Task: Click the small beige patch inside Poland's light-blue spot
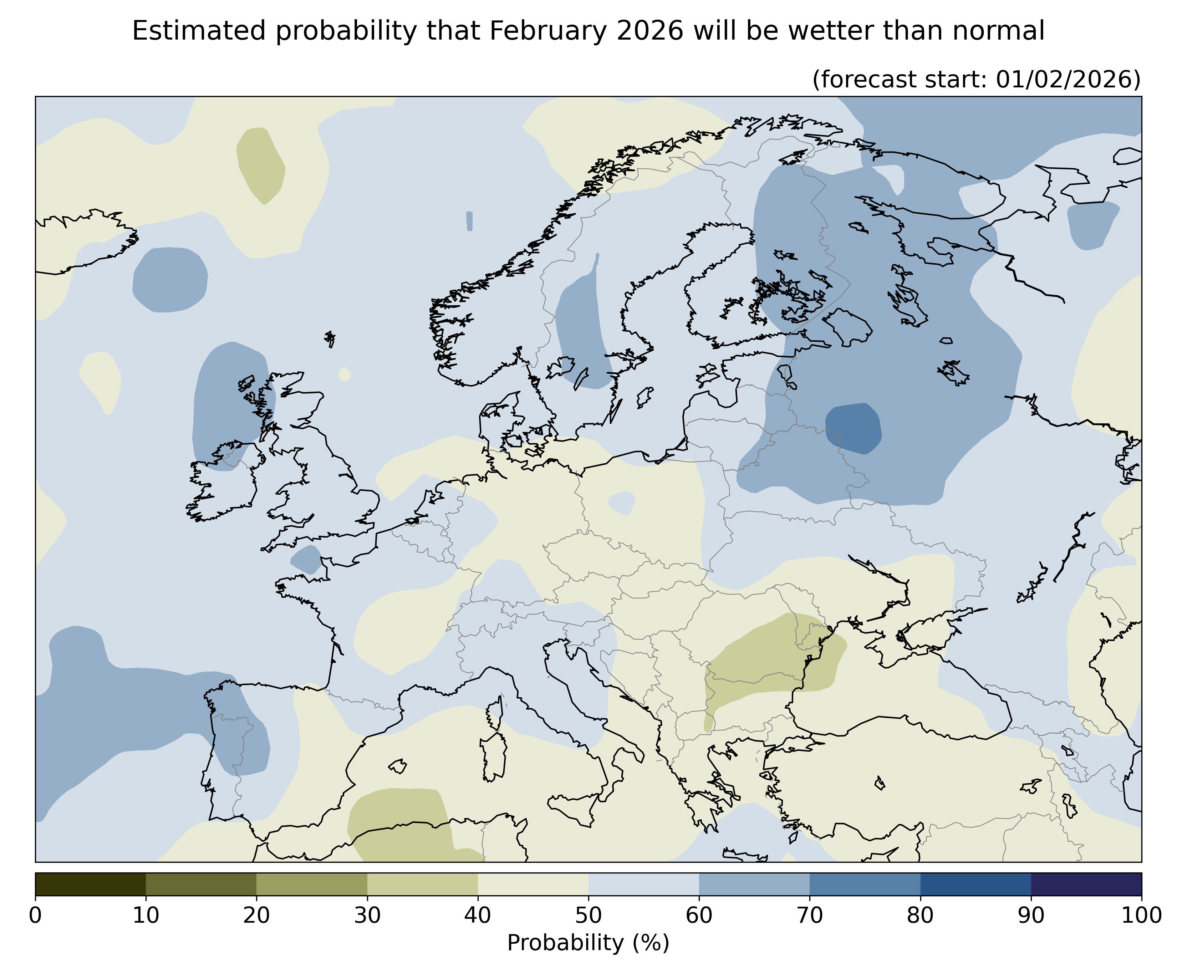[x=621, y=503]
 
